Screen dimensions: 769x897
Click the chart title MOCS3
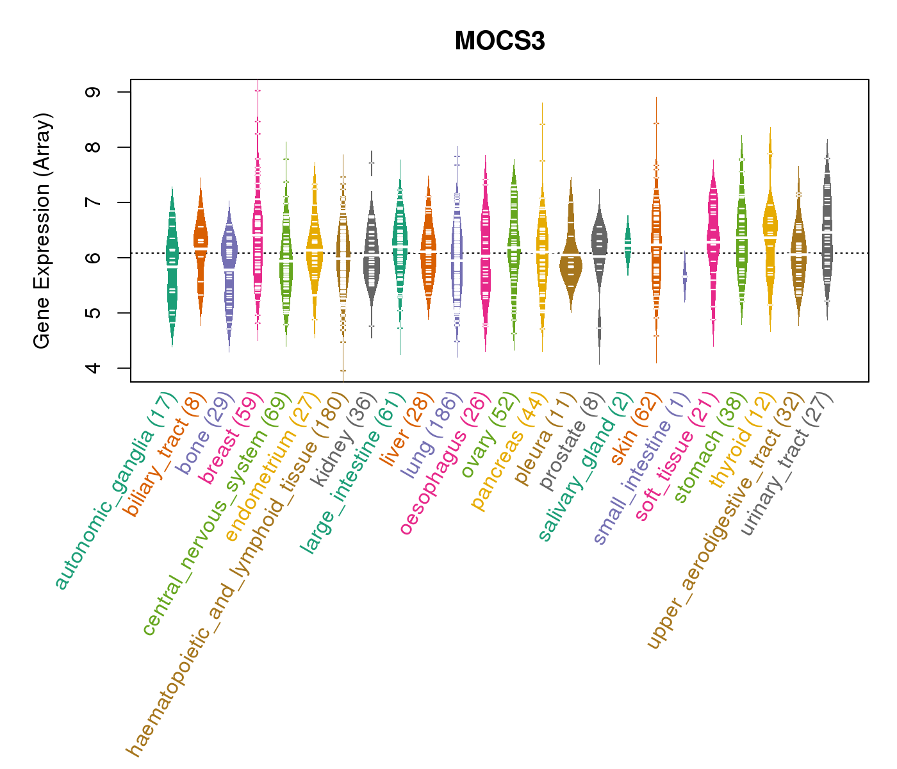coord(500,42)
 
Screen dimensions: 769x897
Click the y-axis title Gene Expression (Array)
coord(42,231)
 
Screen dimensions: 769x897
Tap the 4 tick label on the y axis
coord(93,368)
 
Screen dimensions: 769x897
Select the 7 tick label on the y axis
coord(93,203)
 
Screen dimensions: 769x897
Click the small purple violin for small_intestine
coord(684,276)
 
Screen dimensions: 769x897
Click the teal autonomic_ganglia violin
coord(172,263)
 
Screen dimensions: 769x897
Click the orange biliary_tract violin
coord(201,244)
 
